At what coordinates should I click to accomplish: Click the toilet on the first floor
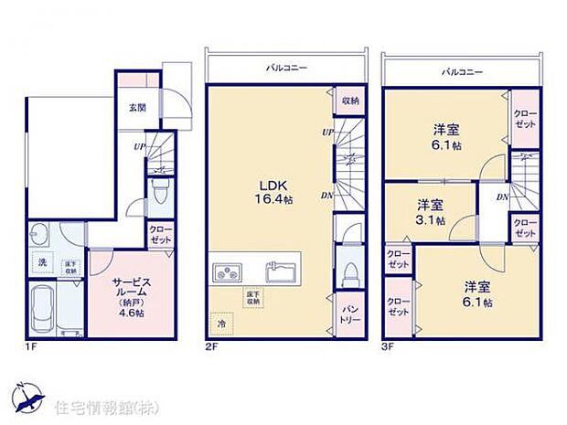point(159,193)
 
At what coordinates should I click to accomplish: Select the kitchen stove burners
point(227,272)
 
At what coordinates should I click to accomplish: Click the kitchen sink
point(279,271)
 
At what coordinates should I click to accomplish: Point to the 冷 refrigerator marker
point(220,323)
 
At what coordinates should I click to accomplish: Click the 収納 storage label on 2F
point(349,101)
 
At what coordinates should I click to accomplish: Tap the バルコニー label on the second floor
point(285,69)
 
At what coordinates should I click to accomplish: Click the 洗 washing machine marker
point(42,265)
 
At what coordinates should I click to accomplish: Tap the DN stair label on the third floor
point(502,197)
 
